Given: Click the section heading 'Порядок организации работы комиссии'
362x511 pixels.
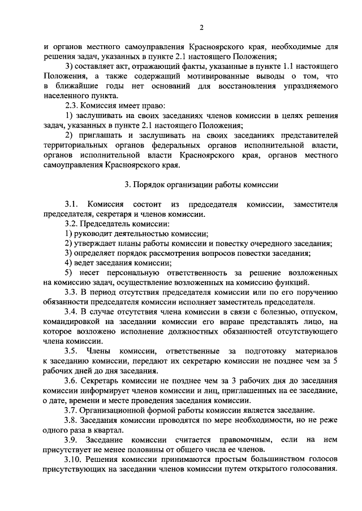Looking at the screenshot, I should pyautogui.click(x=201, y=185).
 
